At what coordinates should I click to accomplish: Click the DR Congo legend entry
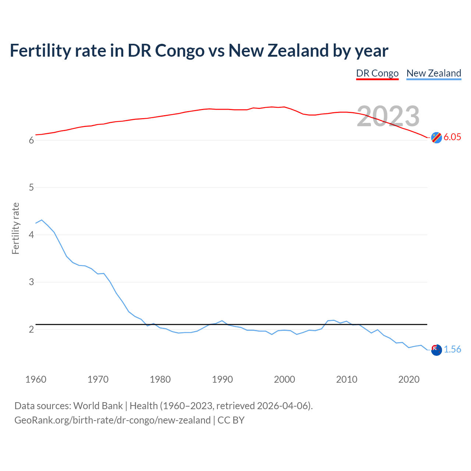tap(377, 73)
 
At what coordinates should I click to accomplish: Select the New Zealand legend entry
tap(433, 73)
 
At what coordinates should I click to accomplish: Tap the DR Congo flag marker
tap(436, 137)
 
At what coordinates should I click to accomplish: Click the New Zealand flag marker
tap(436, 350)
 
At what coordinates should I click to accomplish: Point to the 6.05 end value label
tap(452, 137)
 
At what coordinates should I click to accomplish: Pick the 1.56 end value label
tap(452, 349)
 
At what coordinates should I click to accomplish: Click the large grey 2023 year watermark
tap(388, 116)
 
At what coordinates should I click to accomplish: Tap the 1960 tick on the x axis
tap(36, 379)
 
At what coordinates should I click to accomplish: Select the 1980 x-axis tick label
tap(160, 379)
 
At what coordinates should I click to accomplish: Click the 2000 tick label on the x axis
tap(284, 379)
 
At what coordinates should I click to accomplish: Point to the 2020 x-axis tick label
tap(409, 379)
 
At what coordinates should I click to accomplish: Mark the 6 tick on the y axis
tap(31, 140)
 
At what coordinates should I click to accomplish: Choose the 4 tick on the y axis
tap(31, 235)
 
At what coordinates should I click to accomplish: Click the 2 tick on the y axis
tap(31, 329)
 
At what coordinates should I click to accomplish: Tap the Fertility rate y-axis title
tap(15, 228)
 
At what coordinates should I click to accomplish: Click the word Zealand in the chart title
tap(298, 50)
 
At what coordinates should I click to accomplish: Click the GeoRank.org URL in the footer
tap(112, 420)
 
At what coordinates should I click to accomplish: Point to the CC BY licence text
tap(231, 420)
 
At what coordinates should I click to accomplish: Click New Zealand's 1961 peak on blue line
tap(42, 220)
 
